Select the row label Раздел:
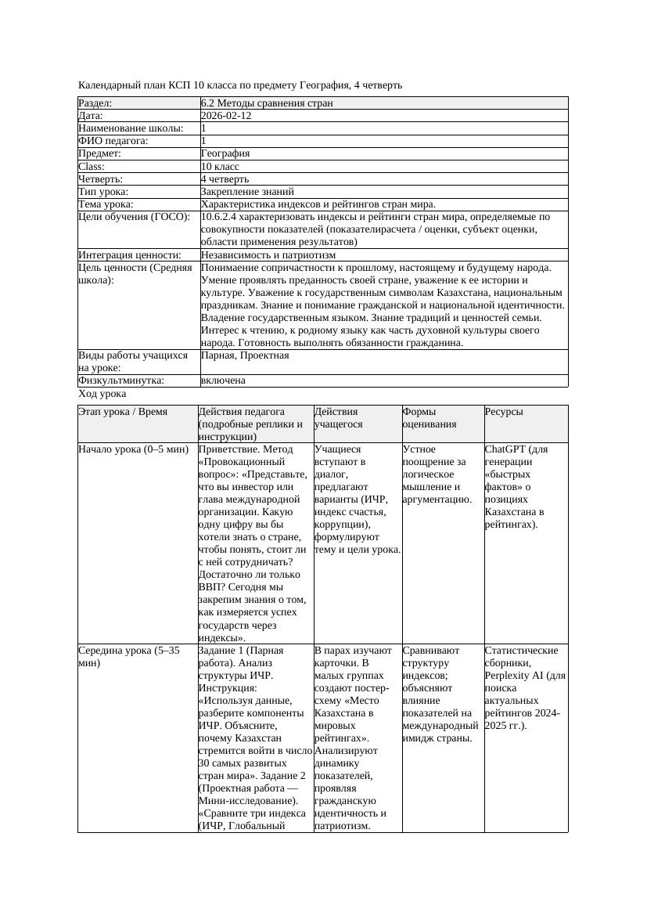95,103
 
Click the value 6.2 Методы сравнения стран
267,103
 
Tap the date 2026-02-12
226,115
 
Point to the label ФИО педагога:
113,141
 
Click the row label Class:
92,166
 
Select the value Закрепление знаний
247,191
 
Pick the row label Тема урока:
106,204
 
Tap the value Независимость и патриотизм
268,255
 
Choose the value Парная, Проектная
245,355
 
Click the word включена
223,380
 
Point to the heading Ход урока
102,394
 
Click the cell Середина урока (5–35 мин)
128,656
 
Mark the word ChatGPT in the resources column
505,449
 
